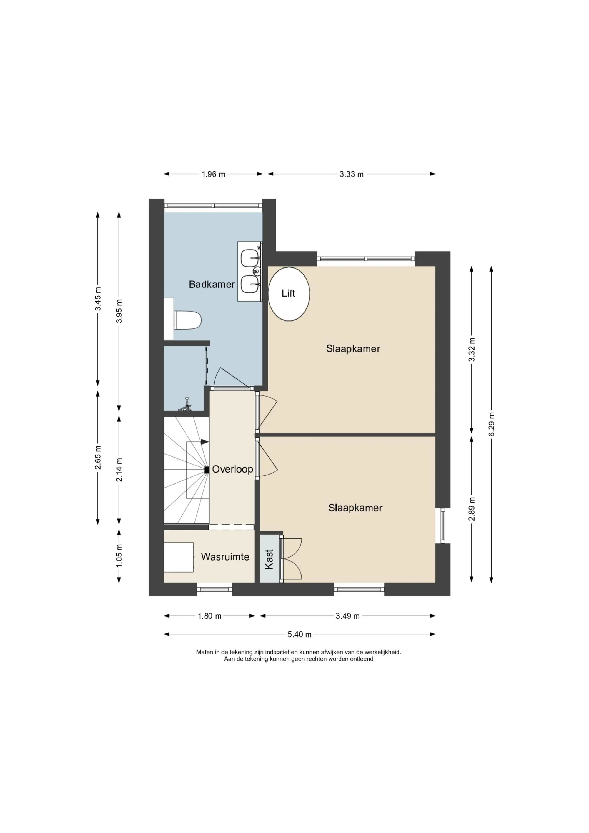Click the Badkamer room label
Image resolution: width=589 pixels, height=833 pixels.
[x=212, y=284]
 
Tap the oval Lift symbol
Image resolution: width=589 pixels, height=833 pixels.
[x=289, y=294]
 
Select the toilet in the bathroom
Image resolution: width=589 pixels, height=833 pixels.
[x=187, y=320]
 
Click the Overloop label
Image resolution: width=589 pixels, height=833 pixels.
[x=232, y=470]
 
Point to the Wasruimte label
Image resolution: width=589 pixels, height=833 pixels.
[x=225, y=557]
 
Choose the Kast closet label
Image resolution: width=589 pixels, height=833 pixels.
[x=269, y=559]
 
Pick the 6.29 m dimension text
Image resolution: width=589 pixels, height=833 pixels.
[x=492, y=425]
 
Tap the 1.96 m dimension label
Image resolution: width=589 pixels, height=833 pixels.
[x=213, y=174]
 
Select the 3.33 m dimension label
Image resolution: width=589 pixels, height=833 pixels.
[x=351, y=174]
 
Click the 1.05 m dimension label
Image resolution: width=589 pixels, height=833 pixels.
[x=119, y=556]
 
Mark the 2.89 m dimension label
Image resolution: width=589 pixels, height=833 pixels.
[x=472, y=509]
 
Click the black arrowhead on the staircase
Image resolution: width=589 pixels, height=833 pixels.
[x=205, y=442]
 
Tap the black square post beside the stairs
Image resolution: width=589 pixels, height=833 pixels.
[x=207, y=470]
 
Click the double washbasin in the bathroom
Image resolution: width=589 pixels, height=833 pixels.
[x=250, y=271]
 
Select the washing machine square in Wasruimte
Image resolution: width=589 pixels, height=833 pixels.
[x=179, y=557]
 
